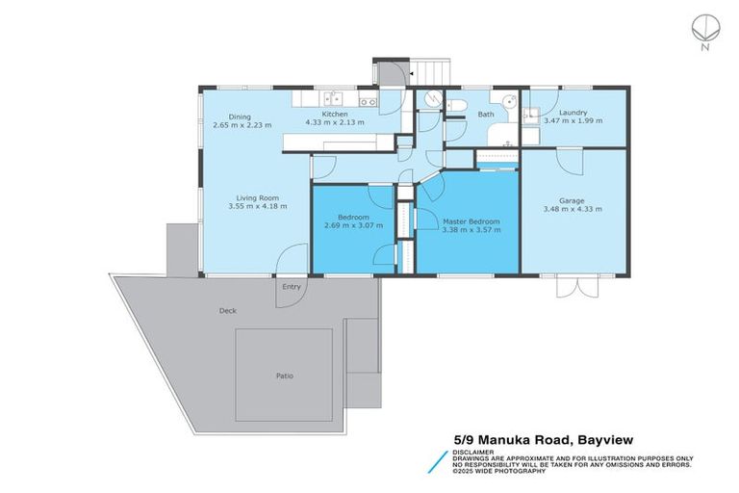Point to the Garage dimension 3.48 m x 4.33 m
point(572,209)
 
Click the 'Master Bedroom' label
point(471,221)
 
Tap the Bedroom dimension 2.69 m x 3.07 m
point(353,225)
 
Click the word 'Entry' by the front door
point(291,286)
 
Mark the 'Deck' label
point(227,310)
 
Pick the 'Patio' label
point(284,376)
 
